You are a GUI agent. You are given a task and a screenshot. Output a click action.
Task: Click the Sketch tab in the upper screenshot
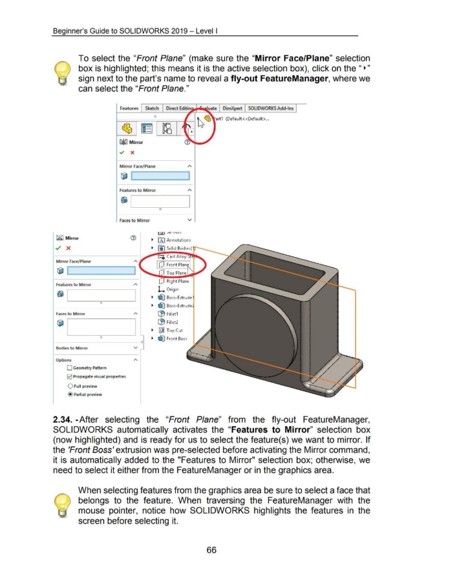[152, 108]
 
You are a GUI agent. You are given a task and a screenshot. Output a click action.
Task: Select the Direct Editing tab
[182, 108]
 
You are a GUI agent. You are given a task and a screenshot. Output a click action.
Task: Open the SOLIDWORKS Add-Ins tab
[271, 108]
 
